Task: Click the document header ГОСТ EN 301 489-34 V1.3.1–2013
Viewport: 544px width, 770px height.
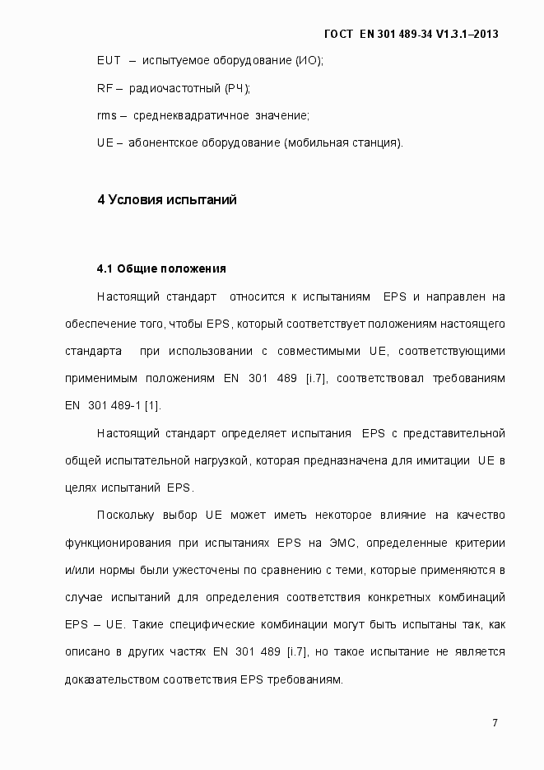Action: (x=411, y=34)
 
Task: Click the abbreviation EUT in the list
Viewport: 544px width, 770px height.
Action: (x=109, y=60)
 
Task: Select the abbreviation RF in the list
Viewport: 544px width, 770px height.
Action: (x=104, y=87)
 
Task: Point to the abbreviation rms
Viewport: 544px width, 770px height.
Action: (x=106, y=115)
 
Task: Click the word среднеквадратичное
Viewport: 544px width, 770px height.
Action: (x=189, y=115)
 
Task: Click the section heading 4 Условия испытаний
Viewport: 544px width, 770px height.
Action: (x=167, y=200)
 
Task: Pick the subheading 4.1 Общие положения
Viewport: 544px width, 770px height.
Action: (x=160, y=268)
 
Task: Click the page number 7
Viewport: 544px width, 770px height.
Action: (x=495, y=723)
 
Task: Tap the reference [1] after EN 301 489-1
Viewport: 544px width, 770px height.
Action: (x=153, y=405)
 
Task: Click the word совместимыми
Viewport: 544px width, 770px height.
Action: (x=318, y=351)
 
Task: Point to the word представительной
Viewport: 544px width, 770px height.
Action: (x=453, y=432)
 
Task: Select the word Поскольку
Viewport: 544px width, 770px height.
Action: (x=124, y=516)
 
